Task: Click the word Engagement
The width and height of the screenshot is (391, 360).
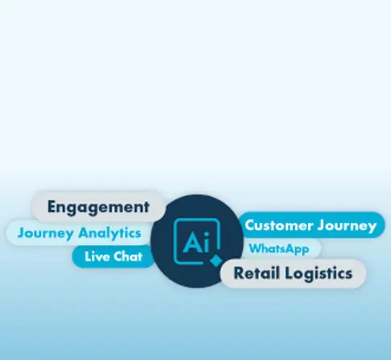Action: tap(98, 207)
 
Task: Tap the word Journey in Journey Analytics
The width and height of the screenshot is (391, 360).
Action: tap(45, 233)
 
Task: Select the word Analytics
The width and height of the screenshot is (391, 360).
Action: tap(110, 233)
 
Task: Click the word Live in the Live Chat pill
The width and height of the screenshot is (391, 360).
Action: tap(97, 256)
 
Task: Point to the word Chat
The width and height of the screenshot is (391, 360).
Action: tap(128, 256)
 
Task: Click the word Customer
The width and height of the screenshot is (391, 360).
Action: tap(279, 225)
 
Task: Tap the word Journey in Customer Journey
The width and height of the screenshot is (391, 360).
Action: tap(347, 226)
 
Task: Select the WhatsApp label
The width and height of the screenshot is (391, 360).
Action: tap(279, 249)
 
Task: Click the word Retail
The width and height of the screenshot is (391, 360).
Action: tap(256, 273)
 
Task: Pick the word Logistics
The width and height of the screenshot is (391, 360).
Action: tap(318, 274)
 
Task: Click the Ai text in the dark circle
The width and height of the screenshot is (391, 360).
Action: tap(196, 242)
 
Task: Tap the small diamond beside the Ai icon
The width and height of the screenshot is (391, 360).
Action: tap(215, 261)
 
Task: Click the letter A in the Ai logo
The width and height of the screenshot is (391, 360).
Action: tap(192, 242)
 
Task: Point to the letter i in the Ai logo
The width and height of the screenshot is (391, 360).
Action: tap(206, 242)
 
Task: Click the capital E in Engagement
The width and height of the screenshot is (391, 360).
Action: tap(52, 207)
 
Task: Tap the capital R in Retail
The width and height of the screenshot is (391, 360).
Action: tap(239, 273)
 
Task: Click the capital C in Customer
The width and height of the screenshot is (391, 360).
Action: tap(250, 225)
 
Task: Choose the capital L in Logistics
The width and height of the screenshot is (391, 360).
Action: tap(289, 273)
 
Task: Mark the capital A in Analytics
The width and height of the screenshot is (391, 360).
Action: tap(84, 232)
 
